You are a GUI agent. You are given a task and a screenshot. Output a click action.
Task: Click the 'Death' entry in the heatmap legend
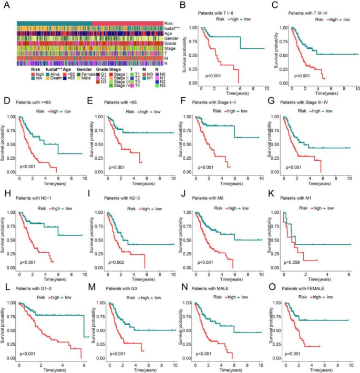click(x=56, y=78)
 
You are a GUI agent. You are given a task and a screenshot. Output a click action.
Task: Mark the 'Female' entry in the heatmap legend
click(x=85, y=74)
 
